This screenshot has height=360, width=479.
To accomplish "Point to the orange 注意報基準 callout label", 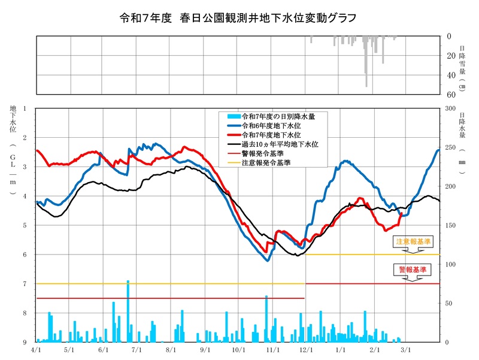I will point(413,241).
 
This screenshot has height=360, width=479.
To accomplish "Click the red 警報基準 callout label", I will point(413,270).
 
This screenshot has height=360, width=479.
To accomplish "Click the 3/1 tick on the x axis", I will point(405,349).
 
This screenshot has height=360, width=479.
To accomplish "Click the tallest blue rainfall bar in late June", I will point(128,311).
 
